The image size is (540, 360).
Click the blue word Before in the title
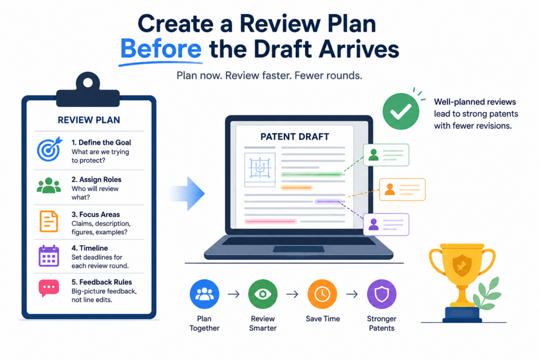click(161, 49)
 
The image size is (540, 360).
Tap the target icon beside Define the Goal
click(50, 149)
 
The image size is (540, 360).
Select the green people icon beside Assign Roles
click(49, 186)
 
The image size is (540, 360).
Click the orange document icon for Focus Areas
click(49, 221)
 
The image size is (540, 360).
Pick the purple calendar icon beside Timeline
click(49, 256)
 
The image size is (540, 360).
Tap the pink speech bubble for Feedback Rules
click(49, 288)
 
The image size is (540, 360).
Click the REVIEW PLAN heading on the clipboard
click(89, 120)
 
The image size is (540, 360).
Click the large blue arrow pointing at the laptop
click(188, 193)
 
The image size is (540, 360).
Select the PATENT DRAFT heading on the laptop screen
click(295, 137)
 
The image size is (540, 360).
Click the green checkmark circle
click(401, 112)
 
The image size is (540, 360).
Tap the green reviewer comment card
click(386, 155)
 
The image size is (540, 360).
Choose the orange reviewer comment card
click(402, 189)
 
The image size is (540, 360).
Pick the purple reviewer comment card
click(386, 225)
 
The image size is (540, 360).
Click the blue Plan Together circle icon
click(205, 294)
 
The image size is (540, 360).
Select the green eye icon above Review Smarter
click(263, 294)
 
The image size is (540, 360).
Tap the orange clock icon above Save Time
click(322, 294)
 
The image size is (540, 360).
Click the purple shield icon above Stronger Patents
click(382, 294)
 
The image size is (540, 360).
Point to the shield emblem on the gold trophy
click(462, 265)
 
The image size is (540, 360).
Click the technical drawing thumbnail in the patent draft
click(259, 170)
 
